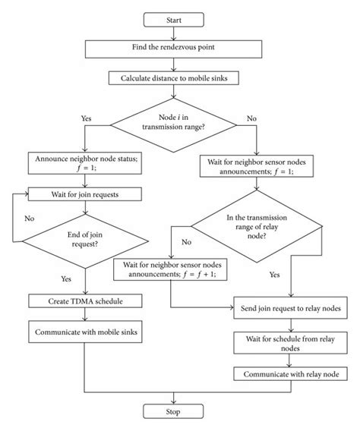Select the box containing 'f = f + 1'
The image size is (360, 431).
[170, 269]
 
